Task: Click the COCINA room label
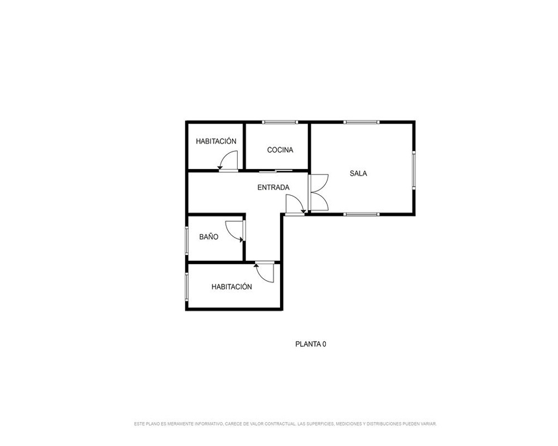click(280, 150)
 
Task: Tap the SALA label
click(358, 173)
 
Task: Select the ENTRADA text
click(273, 187)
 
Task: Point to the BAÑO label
click(209, 237)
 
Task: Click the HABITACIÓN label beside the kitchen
click(216, 141)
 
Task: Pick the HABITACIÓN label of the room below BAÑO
click(232, 287)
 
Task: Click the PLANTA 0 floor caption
click(311, 345)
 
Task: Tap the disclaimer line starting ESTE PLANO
click(285, 424)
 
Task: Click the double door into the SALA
click(319, 192)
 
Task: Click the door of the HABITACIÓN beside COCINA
click(228, 161)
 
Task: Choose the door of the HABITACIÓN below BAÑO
click(264, 272)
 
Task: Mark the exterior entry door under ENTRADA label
click(295, 205)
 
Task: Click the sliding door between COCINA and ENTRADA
click(276, 171)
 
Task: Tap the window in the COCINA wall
click(280, 122)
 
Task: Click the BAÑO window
click(186, 240)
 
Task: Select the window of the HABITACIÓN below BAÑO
click(186, 287)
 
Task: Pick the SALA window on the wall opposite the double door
click(414, 169)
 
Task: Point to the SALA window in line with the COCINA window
click(362, 122)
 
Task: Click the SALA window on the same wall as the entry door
click(362, 214)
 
